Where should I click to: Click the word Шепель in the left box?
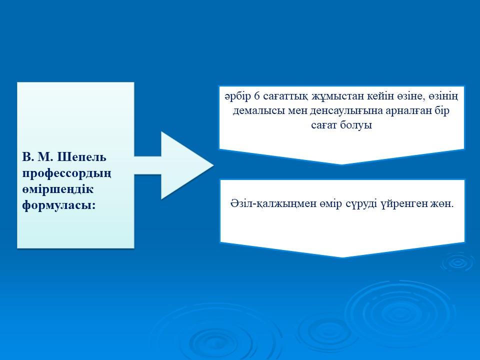(81, 157)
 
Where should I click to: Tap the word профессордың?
(66, 173)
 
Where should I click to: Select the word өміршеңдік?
(58, 189)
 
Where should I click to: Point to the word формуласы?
(59, 205)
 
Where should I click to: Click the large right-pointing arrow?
(174, 165)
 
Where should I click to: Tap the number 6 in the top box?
(256, 96)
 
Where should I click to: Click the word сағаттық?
(285, 96)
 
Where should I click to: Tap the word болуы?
(356, 125)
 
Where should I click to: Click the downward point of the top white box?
(342, 164)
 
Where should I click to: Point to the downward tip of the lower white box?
(342, 257)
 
